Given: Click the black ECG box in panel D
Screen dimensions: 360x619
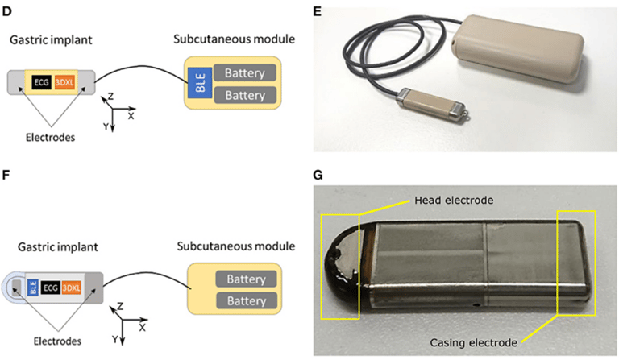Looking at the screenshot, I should tap(42, 81).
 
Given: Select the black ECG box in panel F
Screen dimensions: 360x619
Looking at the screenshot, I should tap(51, 285).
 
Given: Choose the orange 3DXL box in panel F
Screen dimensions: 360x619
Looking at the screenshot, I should tap(75, 285).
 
